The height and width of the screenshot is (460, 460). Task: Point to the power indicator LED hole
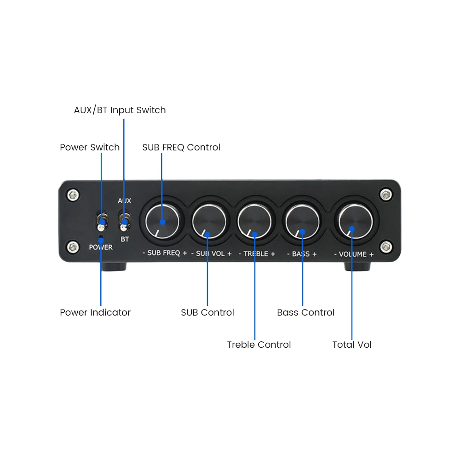[x=101, y=237]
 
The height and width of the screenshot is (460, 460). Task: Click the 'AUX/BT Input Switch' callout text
[x=120, y=110]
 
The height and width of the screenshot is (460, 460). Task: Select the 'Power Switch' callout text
[x=90, y=148]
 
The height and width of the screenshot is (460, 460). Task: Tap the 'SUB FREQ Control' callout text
[x=181, y=148]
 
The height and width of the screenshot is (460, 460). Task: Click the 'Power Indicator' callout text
[x=95, y=313]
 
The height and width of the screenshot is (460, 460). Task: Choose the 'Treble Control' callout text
[x=259, y=345]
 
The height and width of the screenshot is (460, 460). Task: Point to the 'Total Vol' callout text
[x=352, y=345]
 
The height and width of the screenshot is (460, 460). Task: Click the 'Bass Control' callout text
[x=305, y=313]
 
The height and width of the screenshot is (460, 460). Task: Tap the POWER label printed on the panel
[x=101, y=247]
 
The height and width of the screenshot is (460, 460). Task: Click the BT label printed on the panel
[x=125, y=239]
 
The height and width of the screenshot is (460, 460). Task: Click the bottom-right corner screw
[x=386, y=247]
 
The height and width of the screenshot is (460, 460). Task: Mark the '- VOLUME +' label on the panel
[x=353, y=254]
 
